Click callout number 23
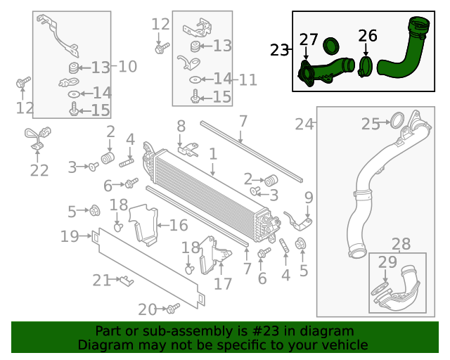coord(279,50)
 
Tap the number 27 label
coord(309,39)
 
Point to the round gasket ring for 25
coord(397,120)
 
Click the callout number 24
coord(304,124)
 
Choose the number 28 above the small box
coord(401,244)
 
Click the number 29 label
coord(387,262)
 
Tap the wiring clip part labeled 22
coord(37,137)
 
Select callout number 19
coord(70,236)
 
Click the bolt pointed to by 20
coord(172,308)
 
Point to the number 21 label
coord(103,281)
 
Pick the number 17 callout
coord(222,284)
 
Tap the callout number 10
coord(127,67)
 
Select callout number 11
coord(247,79)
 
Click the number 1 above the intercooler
coord(213,153)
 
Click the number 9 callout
coord(308,196)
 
